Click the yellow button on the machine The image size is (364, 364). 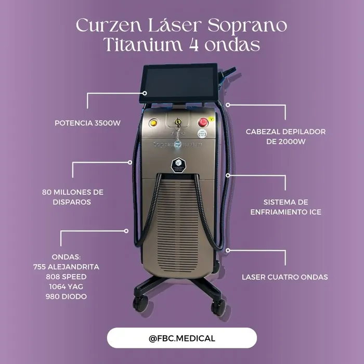(153, 122)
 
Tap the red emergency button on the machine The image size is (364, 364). (203, 122)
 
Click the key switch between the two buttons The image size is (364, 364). (178, 122)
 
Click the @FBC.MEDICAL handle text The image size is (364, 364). (182, 338)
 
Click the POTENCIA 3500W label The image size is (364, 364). (87, 123)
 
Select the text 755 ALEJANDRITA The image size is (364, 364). (66, 267)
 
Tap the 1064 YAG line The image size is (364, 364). (66, 287)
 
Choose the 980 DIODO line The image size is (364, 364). (66, 296)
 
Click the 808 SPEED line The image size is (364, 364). (66, 277)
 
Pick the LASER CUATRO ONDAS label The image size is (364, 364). (285, 277)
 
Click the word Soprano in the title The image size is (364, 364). (247, 25)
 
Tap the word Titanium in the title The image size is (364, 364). (142, 44)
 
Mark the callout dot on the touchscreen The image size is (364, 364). (145, 93)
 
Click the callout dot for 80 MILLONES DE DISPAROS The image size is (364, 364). (130, 162)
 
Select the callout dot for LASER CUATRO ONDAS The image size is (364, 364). (228, 250)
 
